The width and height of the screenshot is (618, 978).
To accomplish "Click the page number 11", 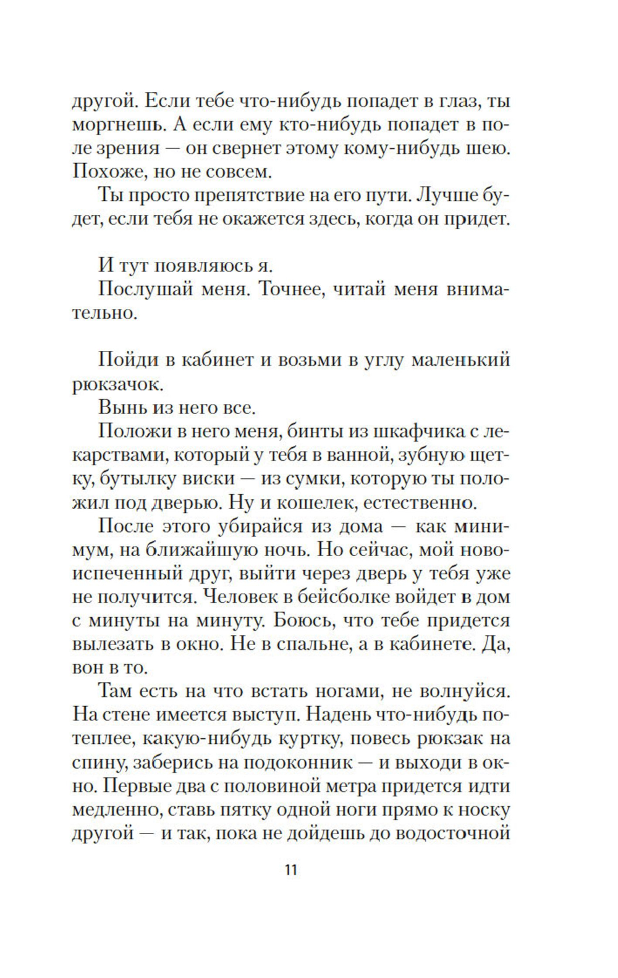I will [291, 870].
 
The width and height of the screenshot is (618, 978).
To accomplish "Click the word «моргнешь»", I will [115, 124].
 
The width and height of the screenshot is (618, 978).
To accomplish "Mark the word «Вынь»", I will [117, 408].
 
